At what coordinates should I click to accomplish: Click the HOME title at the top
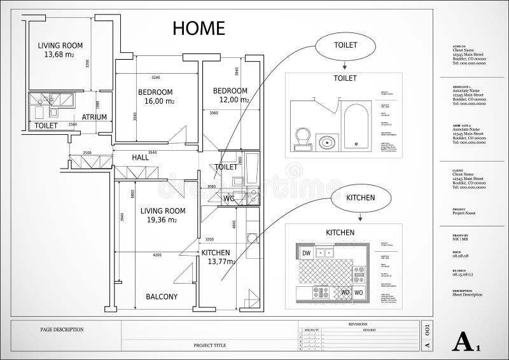[198, 28]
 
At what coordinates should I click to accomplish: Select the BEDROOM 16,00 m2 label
[155, 96]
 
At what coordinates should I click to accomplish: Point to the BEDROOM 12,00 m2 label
[230, 95]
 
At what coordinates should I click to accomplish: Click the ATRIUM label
[94, 117]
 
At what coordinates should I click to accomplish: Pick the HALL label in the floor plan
[140, 157]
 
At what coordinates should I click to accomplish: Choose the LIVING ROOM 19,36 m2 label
[163, 215]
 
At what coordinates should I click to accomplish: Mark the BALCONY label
[162, 296]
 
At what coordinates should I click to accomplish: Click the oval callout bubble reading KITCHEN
[360, 197]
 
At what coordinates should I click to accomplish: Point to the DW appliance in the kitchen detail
[306, 253]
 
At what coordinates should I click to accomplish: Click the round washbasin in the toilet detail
[328, 141]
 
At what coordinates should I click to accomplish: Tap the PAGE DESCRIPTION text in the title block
[62, 329]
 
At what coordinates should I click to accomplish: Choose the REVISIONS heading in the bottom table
[358, 324]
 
